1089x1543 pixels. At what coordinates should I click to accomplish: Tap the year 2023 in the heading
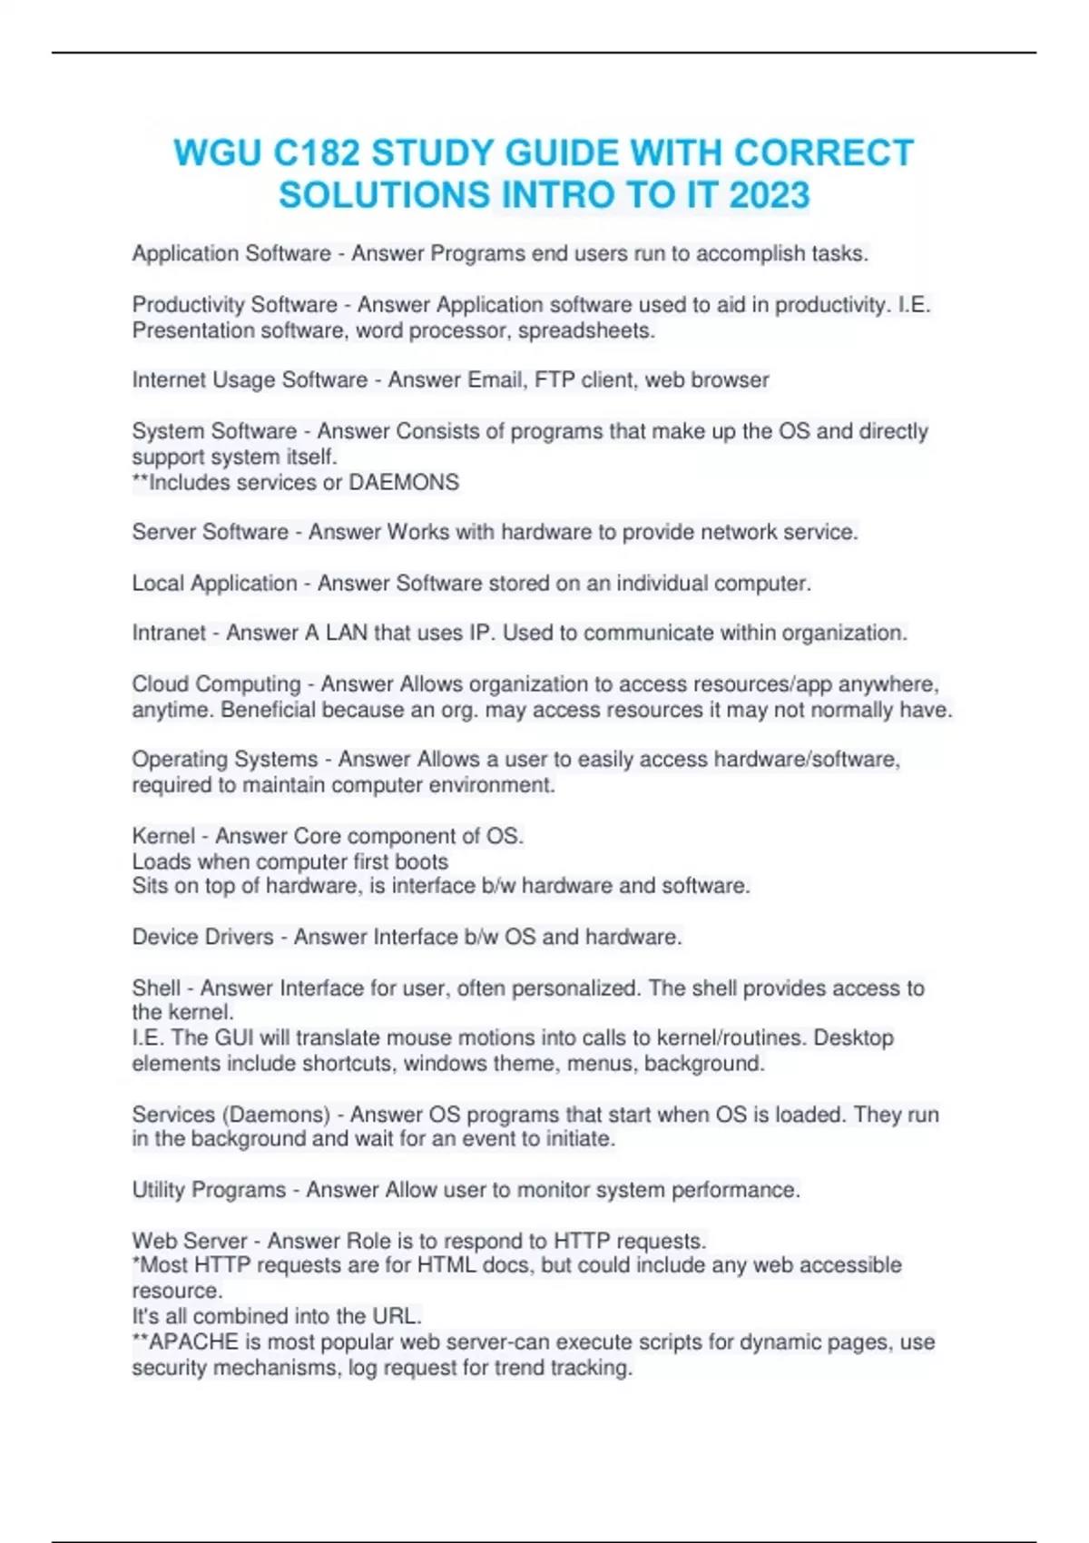pyautogui.click(x=769, y=195)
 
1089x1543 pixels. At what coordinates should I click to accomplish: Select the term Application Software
pyautogui.click(x=231, y=253)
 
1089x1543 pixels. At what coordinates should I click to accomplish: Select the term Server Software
pyautogui.click(x=211, y=532)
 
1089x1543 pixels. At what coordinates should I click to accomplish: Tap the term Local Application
pyautogui.click(x=215, y=583)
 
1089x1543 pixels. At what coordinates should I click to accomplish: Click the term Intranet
pyautogui.click(x=169, y=633)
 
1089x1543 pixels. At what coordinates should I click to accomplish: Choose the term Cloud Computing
pyautogui.click(x=216, y=683)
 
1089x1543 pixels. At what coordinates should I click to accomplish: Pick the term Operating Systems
pyautogui.click(x=225, y=759)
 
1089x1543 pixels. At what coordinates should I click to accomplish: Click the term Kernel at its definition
pyautogui.click(x=163, y=836)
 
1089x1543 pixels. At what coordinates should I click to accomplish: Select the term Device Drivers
pyautogui.click(x=202, y=937)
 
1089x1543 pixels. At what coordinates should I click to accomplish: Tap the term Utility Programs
pyautogui.click(x=209, y=1190)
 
